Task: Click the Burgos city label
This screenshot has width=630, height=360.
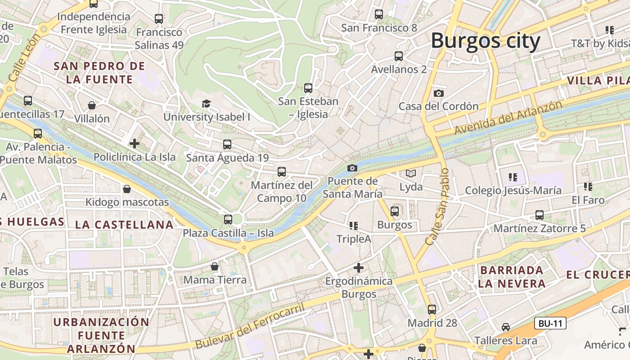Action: pos(485,41)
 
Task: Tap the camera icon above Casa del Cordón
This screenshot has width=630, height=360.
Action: pos(438,93)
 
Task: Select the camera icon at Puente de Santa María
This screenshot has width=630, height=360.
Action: pos(352,168)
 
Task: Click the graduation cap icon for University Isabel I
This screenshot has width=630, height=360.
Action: pos(206,104)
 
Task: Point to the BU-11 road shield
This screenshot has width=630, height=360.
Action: pos(550,323)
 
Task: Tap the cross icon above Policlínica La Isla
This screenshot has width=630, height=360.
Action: pos(134,144)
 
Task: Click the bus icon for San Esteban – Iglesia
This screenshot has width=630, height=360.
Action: pos(308,88)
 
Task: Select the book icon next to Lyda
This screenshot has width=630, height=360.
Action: pos(411,173)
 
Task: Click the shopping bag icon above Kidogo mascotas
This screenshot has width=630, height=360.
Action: pos(127,189)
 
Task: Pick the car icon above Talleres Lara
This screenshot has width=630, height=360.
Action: pos(506,327)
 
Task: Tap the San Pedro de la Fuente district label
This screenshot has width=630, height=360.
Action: pos(99,73)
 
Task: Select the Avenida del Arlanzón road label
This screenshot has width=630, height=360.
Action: pos(508,117)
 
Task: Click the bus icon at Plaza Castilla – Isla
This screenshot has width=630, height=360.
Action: pos(228,220)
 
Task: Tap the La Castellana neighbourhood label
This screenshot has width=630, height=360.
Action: pos(124,225)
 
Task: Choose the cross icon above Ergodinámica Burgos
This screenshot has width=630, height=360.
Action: pos(358,268)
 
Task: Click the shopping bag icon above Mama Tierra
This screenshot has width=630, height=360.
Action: pos(215,266)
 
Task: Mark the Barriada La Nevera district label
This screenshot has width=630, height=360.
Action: pos(512,277)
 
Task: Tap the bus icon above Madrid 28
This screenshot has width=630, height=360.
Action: pos(432,309)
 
